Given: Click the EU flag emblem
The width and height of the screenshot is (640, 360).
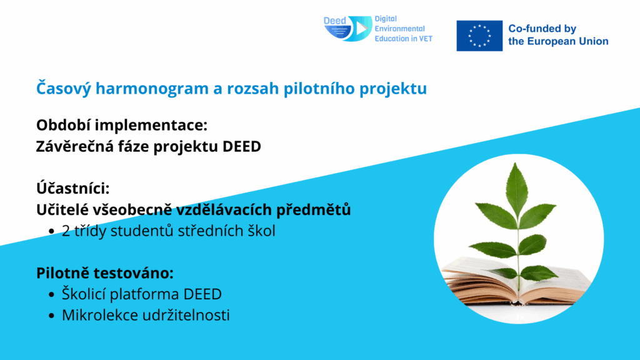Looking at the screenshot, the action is pyautogui.click(x=479, y=36).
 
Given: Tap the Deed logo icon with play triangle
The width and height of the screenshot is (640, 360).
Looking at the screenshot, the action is pyautogui.click(x=347, y=29).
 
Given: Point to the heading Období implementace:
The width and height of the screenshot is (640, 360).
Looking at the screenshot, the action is pyautogui.click(x=122, y=125).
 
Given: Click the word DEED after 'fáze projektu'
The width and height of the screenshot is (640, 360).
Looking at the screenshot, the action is pyautogui.click(x=242, y=146).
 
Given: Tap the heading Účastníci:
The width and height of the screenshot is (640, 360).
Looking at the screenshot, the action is pyautogui.click(x=73, y=188).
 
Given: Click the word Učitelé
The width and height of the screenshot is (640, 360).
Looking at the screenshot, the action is pyautogui.click(x=62, y=209).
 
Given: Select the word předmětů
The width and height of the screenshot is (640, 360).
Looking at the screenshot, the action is pyautogui.click(x=314, y=209).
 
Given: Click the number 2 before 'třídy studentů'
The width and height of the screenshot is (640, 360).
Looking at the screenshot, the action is pyautogui.click(x=66, y=231).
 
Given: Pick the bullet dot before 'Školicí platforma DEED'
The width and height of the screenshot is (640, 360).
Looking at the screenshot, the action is pyautogui.click(x=51, y=294).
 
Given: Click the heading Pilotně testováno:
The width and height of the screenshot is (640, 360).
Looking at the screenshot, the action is pyautogui.click(x=105, y=272).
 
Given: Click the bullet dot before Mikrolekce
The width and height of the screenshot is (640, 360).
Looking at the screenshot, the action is pyautogui.click(x=51, y=316).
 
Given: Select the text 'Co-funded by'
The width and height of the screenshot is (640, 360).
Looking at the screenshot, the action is pyautogui.click(x=542, y=29).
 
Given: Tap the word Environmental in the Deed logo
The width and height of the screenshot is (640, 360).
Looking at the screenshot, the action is pyautogui.click(x=399, y=29).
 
